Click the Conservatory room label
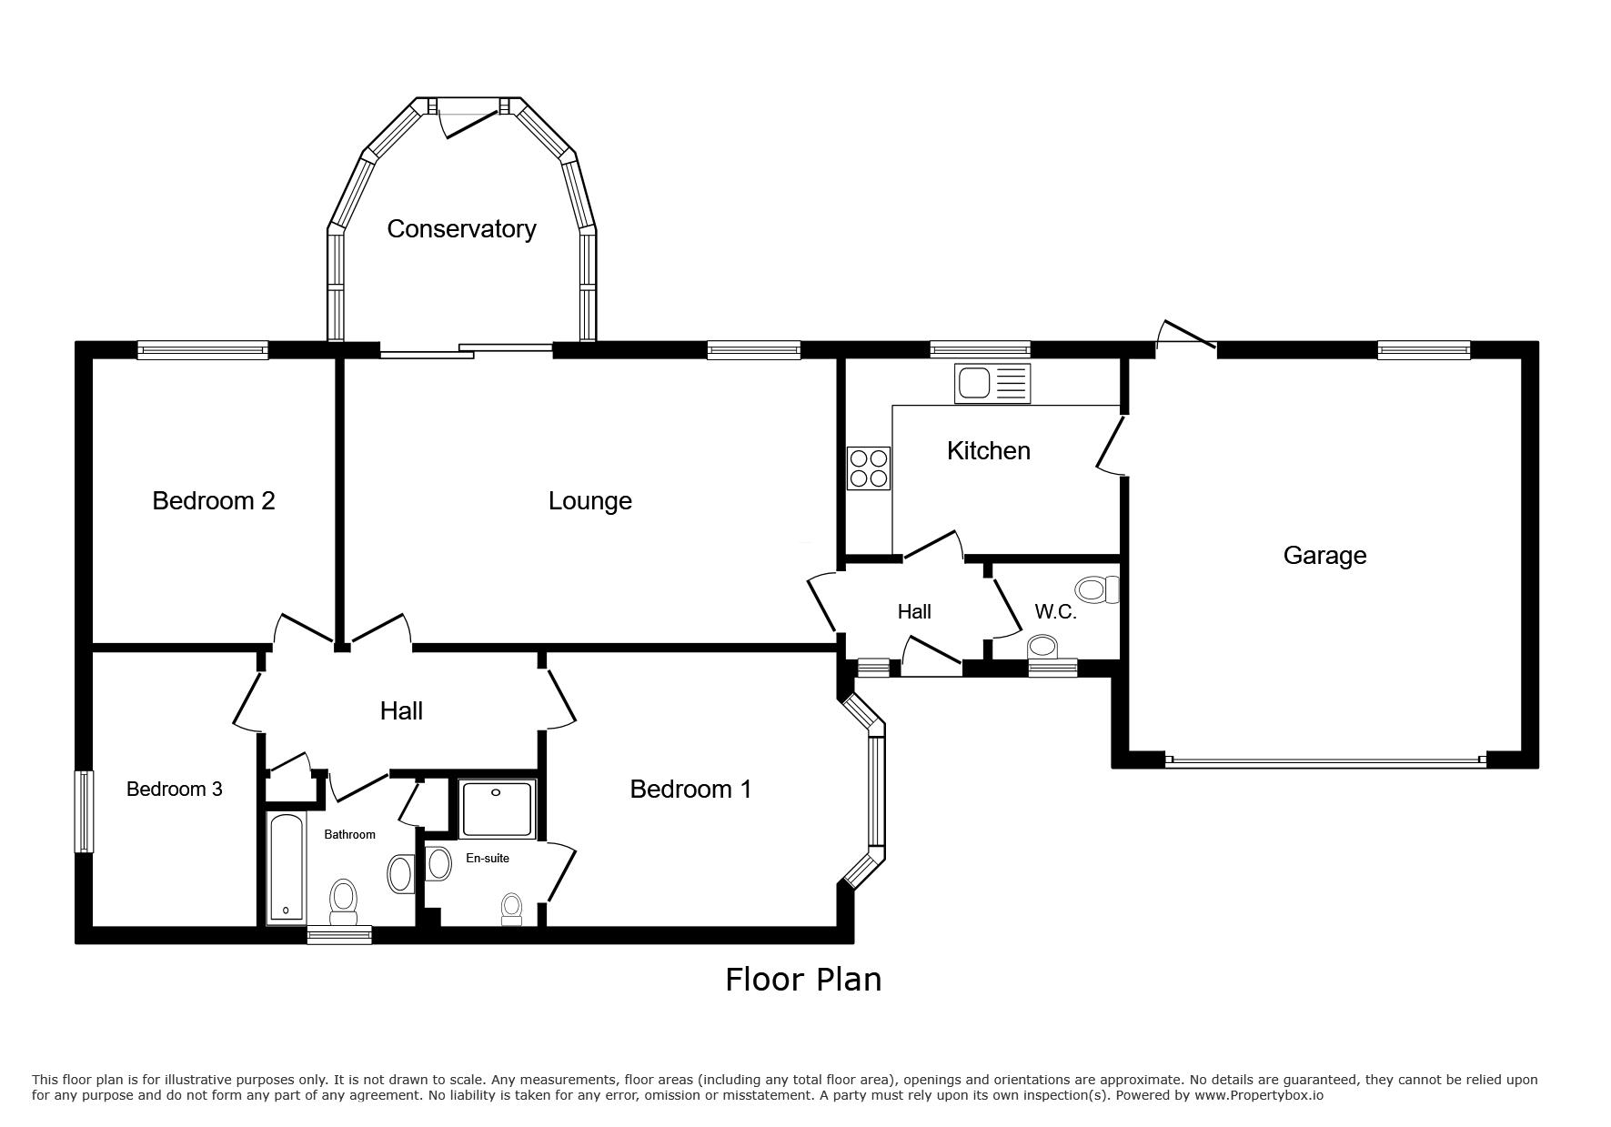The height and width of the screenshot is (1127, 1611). click(461, 229)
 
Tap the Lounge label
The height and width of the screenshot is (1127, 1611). click(589, 501)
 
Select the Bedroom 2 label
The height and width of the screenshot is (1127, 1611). click(214, 500)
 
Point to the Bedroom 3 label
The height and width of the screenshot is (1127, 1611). click(174, 789)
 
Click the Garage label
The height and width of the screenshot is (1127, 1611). click(1324, 556)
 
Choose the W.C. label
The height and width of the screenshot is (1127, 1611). click(1055, 611)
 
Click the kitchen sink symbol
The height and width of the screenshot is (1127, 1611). click(992, 384)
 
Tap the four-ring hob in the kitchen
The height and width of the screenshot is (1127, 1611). click(869, 468)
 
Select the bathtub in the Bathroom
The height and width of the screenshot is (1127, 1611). click(286, 868)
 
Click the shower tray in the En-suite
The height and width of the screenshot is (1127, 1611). click(497, 808)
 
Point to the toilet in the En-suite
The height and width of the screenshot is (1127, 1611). click(511, 908)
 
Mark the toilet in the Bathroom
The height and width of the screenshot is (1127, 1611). click(343, 901)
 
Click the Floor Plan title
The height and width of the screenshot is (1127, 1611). click(803, 980)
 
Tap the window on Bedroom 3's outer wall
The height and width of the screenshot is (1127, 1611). click(84, 811)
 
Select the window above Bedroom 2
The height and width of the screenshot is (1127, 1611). click(203, 350)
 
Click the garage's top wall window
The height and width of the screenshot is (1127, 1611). click(1424, 350)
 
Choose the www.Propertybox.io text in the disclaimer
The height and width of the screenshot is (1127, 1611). click(1258, 1095)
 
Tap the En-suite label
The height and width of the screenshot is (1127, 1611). click(488, 858)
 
